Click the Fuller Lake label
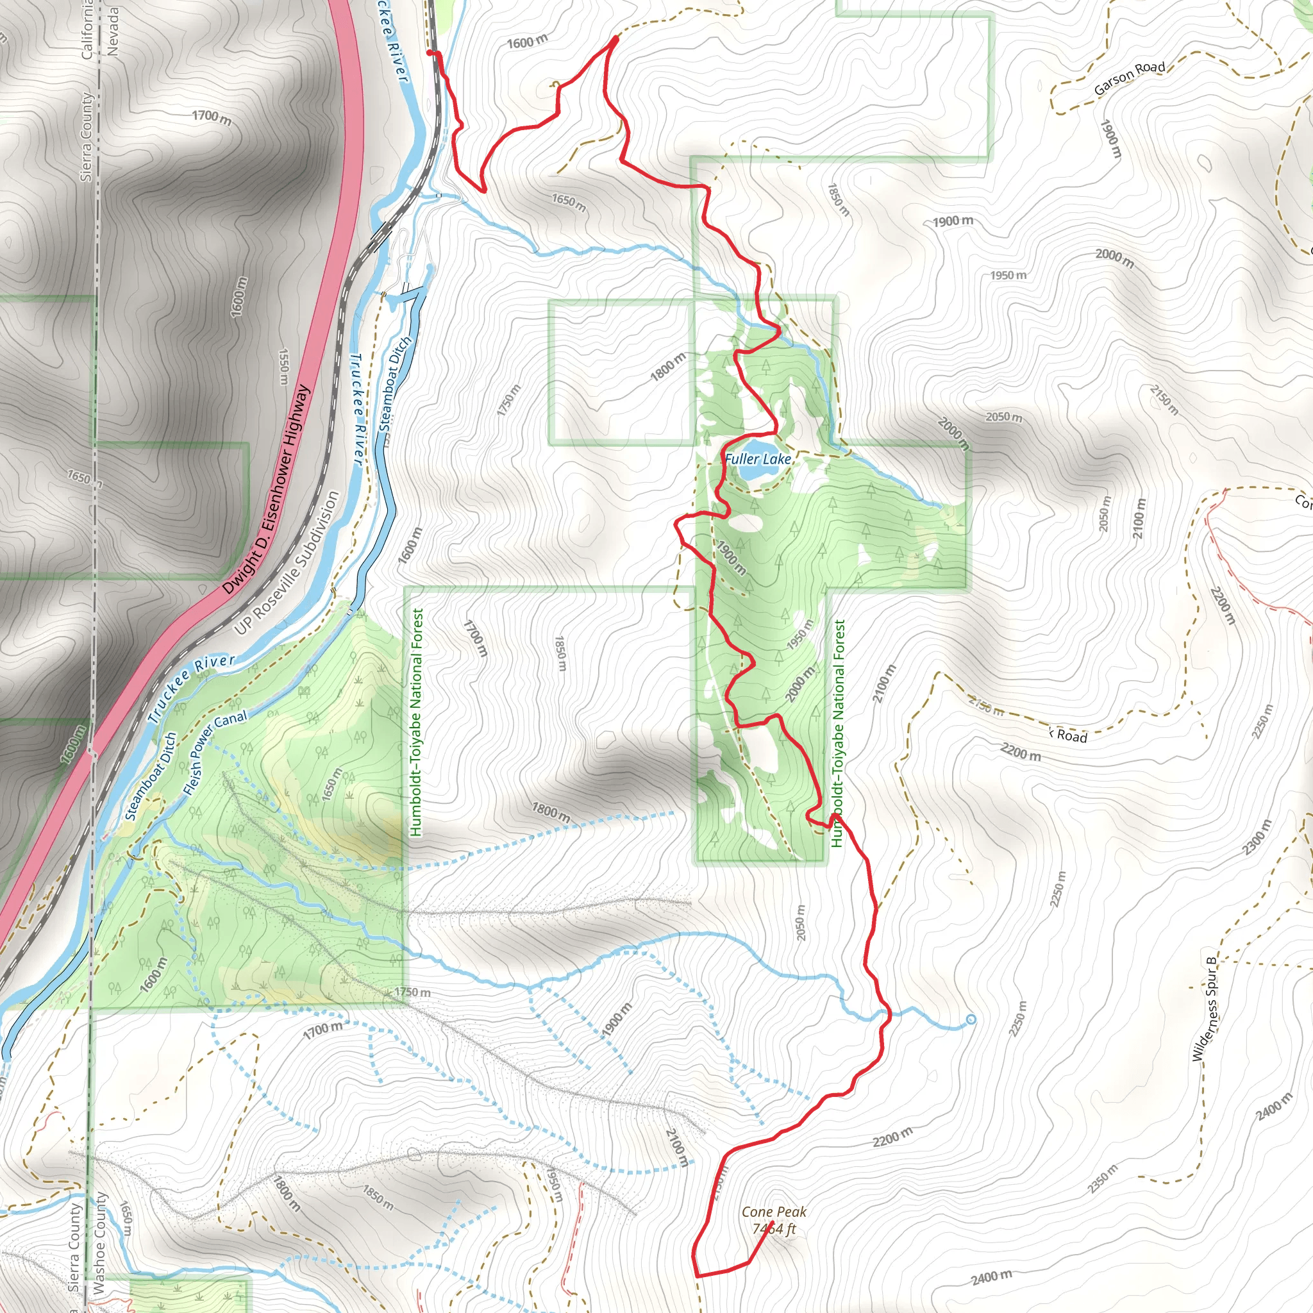758,460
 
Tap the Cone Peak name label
774,1212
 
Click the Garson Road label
1130,78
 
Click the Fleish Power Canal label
215,753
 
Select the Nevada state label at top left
113,31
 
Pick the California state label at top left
87,30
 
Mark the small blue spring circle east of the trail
971,1019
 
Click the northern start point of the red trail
430,53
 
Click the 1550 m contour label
284,370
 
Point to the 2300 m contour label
1257,837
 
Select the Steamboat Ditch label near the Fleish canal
151,776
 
